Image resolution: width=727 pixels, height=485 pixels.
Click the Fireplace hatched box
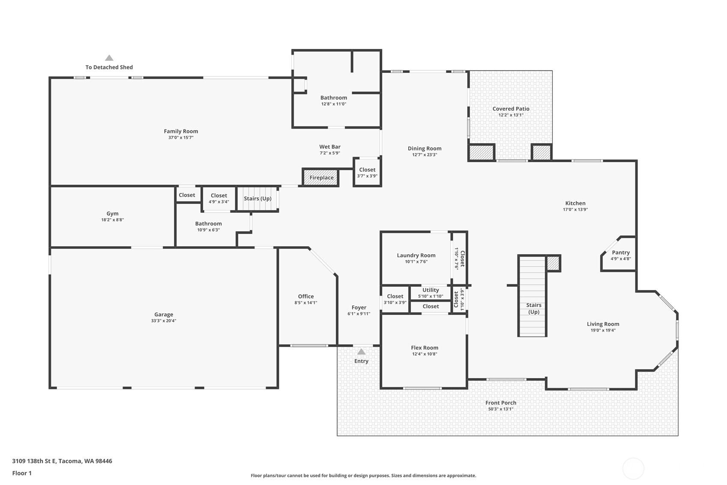pyautogui.click(x=321, y=178)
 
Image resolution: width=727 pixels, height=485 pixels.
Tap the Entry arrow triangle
pyautogui.click(x=361, y=352)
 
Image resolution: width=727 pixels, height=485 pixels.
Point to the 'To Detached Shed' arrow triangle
pyautogui.click(x=109, y=58)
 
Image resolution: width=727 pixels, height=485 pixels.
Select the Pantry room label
pyautogui.click(x=621, y=253)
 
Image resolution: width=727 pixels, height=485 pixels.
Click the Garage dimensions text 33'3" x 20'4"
pyautogui.click(x=164, y=321)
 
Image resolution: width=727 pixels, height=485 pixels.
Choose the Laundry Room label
pyautogui.click(x=416, y=255)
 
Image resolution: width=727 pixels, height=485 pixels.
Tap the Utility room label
pyautogui.click(x=431, y=290)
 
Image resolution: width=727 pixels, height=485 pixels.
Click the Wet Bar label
pyautogui.click(x=330, y=147)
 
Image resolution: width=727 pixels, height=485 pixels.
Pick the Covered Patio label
pyautogui.click(x=511, y=109)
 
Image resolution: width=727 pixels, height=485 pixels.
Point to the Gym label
pyautogui.click(x=112, y=214)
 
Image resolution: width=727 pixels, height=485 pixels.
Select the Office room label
pyautogui.click(x=306, y=296)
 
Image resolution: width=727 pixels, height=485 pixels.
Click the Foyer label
pyautogui.click(x=359, y=307)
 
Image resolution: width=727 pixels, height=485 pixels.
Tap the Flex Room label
pyautogui.click(x=425, y=348)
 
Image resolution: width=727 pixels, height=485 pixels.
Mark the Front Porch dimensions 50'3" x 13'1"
pyautogui.click(x=501, y=409)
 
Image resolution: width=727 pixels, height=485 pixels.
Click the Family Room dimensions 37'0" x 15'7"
pyautogui.click(x=181, y=137)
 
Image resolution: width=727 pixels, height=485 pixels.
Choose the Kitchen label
pyautogui.click(x=575, y=203)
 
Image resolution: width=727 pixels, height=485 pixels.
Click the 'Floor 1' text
pyautogui.click(x=22, y=473)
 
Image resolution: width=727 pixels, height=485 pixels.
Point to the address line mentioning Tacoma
pyautogui.click(x=62, y=461)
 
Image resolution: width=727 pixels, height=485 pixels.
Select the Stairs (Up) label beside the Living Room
pyautogui.click(x=534, y=309)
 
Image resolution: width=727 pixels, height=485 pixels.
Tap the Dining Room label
pyautogui.click(x=425, y=148)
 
